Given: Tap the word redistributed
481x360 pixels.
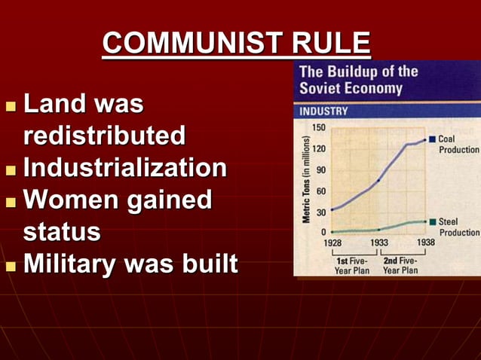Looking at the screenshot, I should click(x=104, y=136).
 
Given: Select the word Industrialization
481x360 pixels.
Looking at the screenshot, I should click(x=124, y=167).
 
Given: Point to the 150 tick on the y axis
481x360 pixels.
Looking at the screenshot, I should click(x=318, y=127).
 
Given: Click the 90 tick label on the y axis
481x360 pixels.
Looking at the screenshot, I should click(x=320, y=169).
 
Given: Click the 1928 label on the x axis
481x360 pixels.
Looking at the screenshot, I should click(x=332, y=243).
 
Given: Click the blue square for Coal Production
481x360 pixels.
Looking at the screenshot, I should click(x=432, y=139).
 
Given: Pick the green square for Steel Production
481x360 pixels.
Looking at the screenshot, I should click(x=432, y=222).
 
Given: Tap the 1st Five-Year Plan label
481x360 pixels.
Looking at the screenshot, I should click(x=352, y=265).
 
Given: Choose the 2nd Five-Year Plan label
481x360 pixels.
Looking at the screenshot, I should click(x=400, y=265).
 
